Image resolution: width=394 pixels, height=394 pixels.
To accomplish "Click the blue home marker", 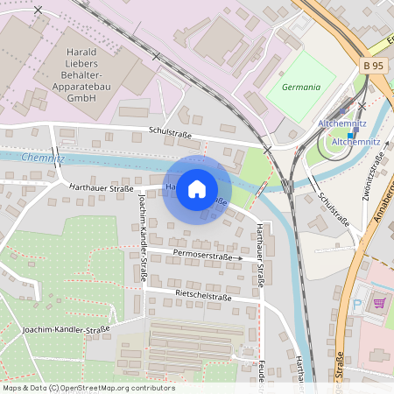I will click(197, 189).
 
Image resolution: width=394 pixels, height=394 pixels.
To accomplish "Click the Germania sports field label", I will click(300, 88).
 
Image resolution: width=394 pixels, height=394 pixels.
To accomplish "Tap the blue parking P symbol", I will click(355, 304).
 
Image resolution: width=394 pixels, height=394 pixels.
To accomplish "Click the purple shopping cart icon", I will click(379, 303).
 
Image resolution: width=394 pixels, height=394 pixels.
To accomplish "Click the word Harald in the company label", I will click(81, 53).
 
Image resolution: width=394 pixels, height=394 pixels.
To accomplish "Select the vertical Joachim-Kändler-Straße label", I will click(141, 236).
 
